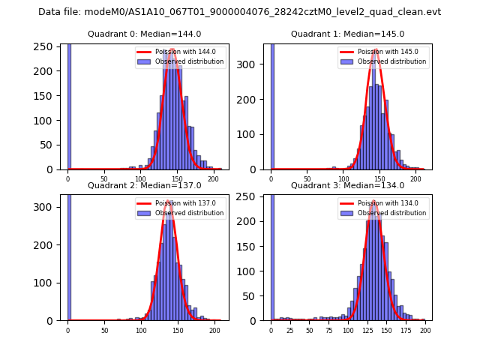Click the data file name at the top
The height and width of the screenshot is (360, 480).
point(239,12)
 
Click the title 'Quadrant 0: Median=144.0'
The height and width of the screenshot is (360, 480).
point(144,34)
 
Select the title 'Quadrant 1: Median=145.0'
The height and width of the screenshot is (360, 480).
point(347,34)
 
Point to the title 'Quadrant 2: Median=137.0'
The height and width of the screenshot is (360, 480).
point(144,185)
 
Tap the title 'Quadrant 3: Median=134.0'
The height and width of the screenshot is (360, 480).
point(347,185)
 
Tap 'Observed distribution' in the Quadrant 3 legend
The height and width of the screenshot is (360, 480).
point(391,213)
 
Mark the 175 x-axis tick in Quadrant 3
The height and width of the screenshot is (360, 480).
point(406,330)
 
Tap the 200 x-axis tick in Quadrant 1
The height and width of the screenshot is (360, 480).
point(415,178)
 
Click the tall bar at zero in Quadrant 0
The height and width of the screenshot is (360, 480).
point(69,105)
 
